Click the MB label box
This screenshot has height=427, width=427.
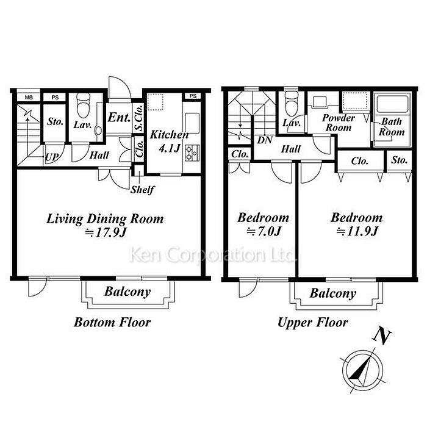[29, 97]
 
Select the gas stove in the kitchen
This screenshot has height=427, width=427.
[192, 153]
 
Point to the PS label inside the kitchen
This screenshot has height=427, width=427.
[193, 96]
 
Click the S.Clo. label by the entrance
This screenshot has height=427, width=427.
[139, 117]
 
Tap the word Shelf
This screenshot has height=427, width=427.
[142, 190]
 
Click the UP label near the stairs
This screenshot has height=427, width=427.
[52, 157]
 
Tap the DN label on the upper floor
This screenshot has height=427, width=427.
[265, 140]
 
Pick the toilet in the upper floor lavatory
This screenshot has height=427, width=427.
[291, 104]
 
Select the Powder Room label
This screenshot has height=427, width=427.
[339, 123]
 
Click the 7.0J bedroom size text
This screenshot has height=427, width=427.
[264, 232]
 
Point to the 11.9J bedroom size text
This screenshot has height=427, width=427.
[357, 232]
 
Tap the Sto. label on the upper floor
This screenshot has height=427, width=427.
[399, 160]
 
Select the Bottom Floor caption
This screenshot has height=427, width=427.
[112, 323]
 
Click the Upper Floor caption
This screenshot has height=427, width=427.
[312, 323]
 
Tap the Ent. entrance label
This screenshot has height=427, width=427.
[119, 118]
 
